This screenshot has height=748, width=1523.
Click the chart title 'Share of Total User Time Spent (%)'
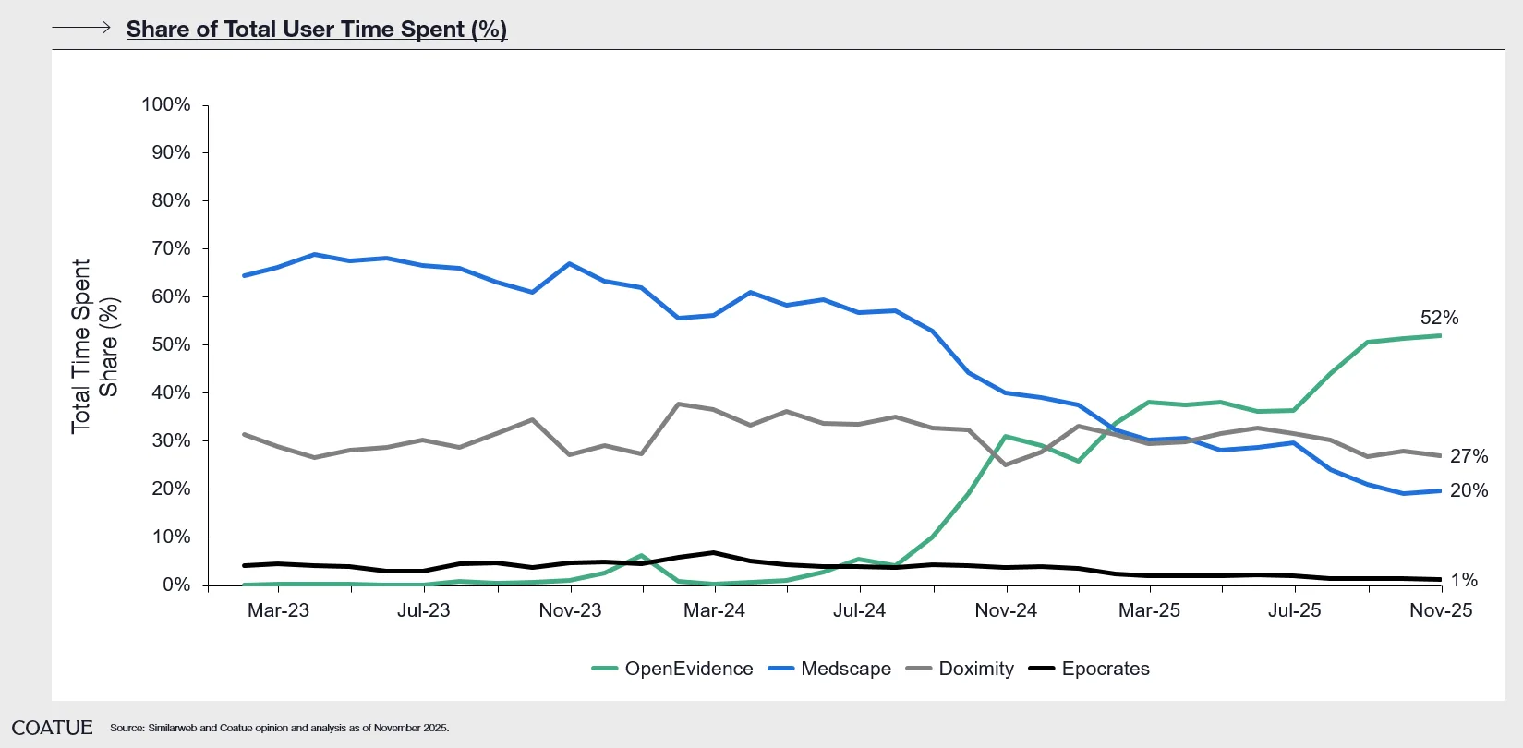point(316,30)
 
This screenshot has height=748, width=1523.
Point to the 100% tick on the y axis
point(166,104)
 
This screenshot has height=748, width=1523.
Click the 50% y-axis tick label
point(171,344)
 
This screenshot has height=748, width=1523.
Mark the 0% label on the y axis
point(176,585)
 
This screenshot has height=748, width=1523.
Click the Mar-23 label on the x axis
point(278,610)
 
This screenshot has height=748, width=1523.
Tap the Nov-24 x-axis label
point(1006,610)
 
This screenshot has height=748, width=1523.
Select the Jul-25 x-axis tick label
point(1294,610)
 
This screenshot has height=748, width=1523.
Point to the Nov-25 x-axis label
point(1441,610)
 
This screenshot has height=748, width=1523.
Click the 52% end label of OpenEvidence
point(1439,318)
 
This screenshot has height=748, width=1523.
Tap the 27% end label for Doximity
point(1469,456)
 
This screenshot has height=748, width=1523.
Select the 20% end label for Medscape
point(1469,490)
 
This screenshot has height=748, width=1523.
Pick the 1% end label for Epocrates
point(1464,580)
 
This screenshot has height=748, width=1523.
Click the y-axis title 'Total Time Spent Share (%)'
point(95,345)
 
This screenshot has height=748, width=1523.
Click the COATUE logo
point(53,728)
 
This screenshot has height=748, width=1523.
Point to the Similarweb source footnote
point(279,728)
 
